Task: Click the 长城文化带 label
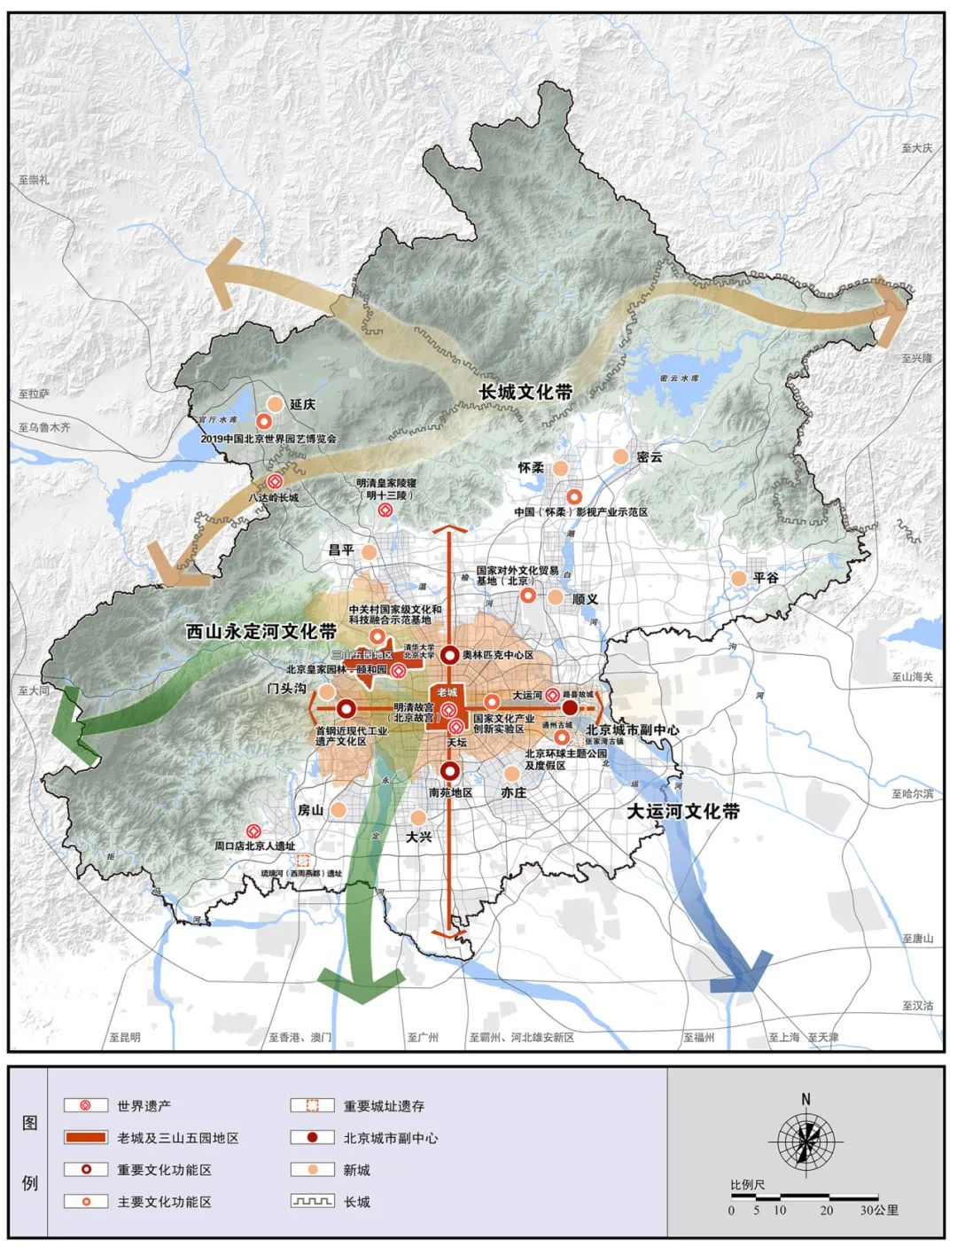(525, 392)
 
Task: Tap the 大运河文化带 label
(682, 811)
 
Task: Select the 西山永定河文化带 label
(261, 632)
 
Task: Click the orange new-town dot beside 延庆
(275, 404)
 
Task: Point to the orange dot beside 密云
(620, 456)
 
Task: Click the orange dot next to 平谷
(738, 578)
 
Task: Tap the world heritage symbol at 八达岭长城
(275, 481)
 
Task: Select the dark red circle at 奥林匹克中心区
(450, 655)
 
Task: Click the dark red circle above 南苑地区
(450, 771)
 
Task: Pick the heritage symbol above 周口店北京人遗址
(254, 831)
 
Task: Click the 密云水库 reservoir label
(680, 378)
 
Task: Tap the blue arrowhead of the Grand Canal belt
(743, 971)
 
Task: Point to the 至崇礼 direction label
(34, 180)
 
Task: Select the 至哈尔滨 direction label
(912, 794)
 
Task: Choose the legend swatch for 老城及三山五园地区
(86, 1138)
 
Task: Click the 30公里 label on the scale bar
(879, 1210)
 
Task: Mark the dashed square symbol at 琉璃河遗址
(303, 860)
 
